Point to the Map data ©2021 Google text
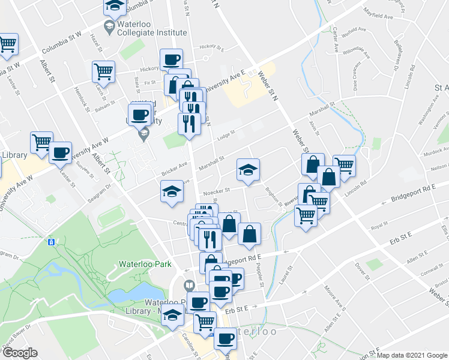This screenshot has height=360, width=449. click(x=412, y=355)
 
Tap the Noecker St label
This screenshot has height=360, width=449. click(x=217, y=193)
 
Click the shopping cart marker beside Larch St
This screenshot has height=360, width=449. click(x=103, y=71)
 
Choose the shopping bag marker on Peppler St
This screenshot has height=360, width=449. click(x=249, y=233)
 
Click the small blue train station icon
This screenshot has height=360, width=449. click(x=52, y=242)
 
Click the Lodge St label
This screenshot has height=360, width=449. click(x=225, y=136)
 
